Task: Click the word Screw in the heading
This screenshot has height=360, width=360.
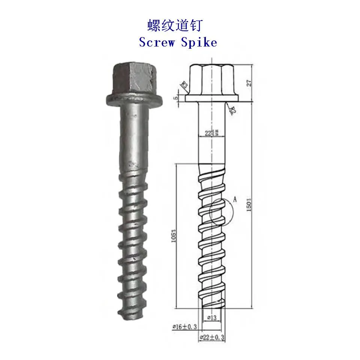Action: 157,42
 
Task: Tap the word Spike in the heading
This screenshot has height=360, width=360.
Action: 199,42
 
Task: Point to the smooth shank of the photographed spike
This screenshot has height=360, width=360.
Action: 133,135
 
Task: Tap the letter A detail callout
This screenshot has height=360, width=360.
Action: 235,199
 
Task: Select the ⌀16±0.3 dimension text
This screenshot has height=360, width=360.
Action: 184,327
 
